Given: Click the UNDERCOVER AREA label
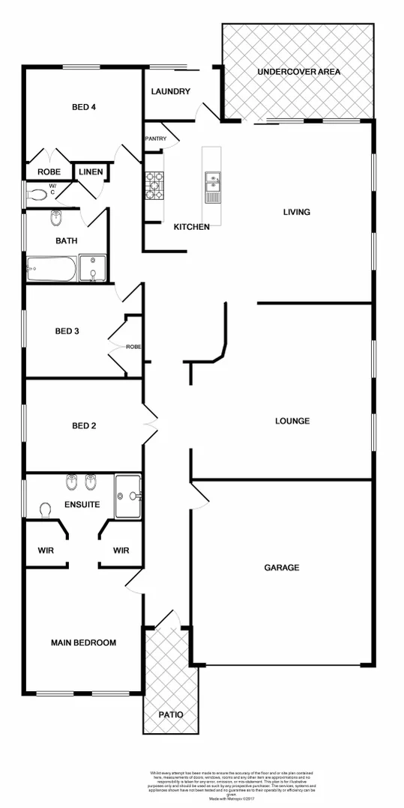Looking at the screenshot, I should click(298, 72).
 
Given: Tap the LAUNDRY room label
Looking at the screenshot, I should click(171, 92).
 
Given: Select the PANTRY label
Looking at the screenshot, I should click(156, 139).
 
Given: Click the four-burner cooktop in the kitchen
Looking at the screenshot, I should click(154, 186).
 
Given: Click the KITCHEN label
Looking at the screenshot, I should click(192, 227).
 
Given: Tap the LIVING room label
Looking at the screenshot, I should click(296, 212).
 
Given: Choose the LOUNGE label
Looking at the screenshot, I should click(292, 421).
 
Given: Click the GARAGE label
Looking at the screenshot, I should click(282, 568).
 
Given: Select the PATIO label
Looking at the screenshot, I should click(170, 714).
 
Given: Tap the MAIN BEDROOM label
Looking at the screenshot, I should click(83, 643).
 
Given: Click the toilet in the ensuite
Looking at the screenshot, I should click(44, 510).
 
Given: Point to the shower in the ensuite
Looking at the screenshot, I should click(128, 495).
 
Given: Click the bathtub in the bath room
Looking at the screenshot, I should click(52, 270).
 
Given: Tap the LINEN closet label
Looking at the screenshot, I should click(91, 172).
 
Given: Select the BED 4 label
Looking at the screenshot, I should click(83, 106).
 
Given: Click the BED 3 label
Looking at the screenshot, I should click(67, 331).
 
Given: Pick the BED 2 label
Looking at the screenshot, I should click(84, 426).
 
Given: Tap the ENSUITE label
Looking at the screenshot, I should click(82, 505).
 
